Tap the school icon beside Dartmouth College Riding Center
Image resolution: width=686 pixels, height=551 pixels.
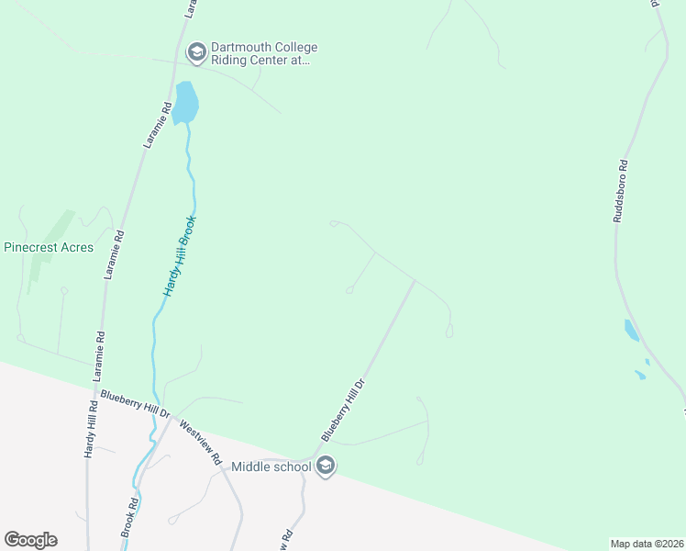coord(195,53)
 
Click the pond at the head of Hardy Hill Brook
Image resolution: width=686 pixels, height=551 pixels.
coord(185,102)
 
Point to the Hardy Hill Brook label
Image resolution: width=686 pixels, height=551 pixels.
coord(180,255)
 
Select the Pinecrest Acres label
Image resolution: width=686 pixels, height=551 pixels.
coord(49,247)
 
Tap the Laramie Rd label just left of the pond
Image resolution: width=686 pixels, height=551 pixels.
coord(158,125)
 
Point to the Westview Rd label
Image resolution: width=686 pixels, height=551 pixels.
coord(202,443)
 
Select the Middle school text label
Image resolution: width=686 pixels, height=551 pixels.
coord(271,467)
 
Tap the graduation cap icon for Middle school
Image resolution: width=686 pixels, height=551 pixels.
coord(325,467)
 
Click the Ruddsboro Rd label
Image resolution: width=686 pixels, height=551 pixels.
coord(621,193)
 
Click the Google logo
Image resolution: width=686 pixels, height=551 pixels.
coord(30,540)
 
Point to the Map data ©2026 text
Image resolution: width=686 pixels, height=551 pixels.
coord(647,544)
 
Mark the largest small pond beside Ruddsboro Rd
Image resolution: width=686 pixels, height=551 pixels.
coord(632,331)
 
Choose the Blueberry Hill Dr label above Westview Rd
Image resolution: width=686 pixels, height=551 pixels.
coord(136,404)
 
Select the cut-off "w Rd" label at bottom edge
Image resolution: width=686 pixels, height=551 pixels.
coord(285,538)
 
